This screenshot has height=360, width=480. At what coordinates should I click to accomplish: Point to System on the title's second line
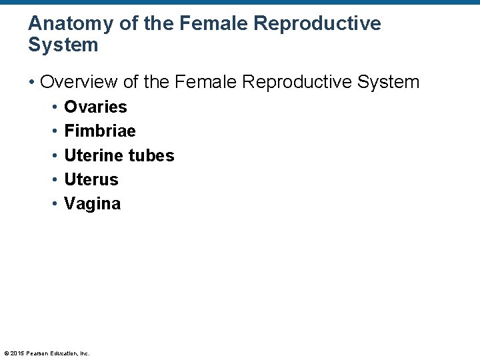[63, 45]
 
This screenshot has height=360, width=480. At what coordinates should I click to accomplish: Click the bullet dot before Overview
[32, 83]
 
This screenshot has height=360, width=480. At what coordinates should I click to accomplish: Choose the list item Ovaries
[95, 107]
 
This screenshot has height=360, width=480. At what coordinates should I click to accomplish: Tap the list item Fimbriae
[99, 131]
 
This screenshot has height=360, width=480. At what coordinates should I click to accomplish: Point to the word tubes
[151, 155]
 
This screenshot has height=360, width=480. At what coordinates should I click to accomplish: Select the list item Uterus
[91, 179]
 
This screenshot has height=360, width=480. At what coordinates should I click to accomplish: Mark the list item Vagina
[92, 204]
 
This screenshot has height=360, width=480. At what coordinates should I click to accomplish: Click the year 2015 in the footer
[17, 353]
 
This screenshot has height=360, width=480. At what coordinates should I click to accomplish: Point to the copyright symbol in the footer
[6, 353]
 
